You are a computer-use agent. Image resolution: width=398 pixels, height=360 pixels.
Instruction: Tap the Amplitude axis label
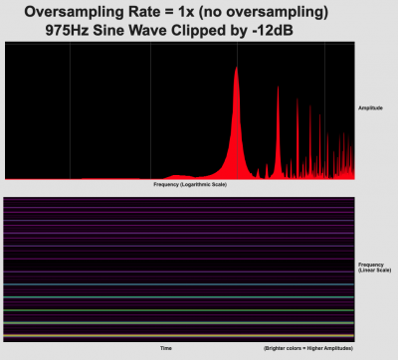(375, 107)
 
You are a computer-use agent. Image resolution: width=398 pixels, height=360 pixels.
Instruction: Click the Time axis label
(166, 349)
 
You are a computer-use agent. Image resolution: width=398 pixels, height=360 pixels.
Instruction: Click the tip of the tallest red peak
(236, 68)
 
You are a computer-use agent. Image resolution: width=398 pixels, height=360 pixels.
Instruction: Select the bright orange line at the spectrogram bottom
(179, 323)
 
